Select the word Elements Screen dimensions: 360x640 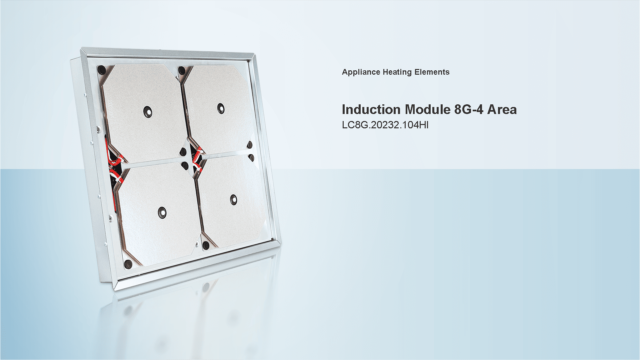[x=432, y=72]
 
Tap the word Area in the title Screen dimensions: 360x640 [x=502, y=110]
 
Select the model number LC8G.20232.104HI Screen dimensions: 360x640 [x=385, y=125]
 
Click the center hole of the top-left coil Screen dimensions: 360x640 [x=148, y=112]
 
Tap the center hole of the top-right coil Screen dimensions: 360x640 [x=221, y=108]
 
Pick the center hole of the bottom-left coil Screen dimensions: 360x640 [x=162, y=212]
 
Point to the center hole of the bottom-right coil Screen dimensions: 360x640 [x=234, y=200]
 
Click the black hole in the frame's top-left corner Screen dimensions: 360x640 [x=101, y=70]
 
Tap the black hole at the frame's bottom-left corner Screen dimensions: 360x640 [x=128, y=264]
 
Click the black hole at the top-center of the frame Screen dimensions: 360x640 [x=182, y=71]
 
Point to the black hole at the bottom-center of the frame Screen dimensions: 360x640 [x=206, y=246]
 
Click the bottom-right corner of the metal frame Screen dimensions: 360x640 [x=279, y=243]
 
